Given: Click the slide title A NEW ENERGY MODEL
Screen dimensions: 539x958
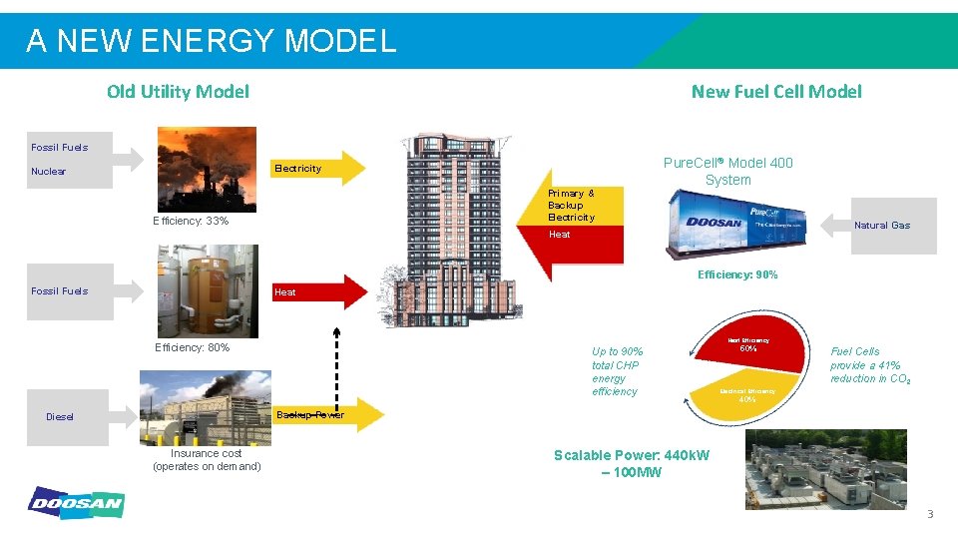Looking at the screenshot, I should pyautogui.click(x=211, y=41).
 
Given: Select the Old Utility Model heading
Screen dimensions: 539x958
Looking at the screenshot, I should pyautogui.click(x=178, y=92).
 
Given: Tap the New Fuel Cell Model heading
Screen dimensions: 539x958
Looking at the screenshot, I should pyautogui.click(x=775, y=92).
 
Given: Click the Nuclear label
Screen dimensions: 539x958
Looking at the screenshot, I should pyautogui.click(x=48, y=172).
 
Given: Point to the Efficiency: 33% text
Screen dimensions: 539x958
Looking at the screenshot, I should pyautogui.click(x=191, y=221).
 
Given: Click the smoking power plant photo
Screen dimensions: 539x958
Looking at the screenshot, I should pyautogui.click(x=205, y=169).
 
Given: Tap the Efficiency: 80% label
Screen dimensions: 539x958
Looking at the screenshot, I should pyautogui.click(x=192, y=348).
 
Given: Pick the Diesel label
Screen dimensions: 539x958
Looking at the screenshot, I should pyautogui.click(x=60, y=417).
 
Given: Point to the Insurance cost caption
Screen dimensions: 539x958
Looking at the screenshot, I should pyautogui.click(x=207, y=460).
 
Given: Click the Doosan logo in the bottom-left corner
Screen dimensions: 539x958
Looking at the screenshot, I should pyautogui.click(x=76, y=503).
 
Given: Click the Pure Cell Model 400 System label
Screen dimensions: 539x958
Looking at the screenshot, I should pyautogui.click(x=727, y=172).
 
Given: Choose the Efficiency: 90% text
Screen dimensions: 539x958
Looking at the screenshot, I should pyautogui.click(x=737, y=274).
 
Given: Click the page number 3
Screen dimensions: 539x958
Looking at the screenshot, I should pyautogui.click(x=930, y=515).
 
